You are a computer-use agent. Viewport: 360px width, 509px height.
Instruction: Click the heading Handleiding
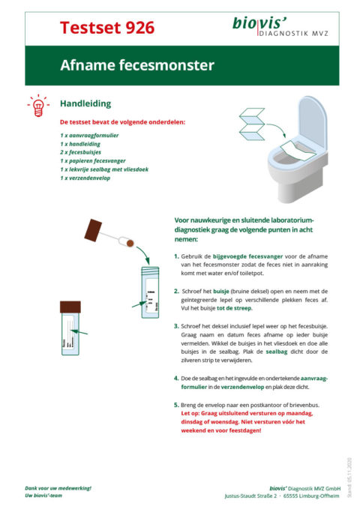tap(85, 103)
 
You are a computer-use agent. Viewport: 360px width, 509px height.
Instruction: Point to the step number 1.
tap(176, 256)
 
